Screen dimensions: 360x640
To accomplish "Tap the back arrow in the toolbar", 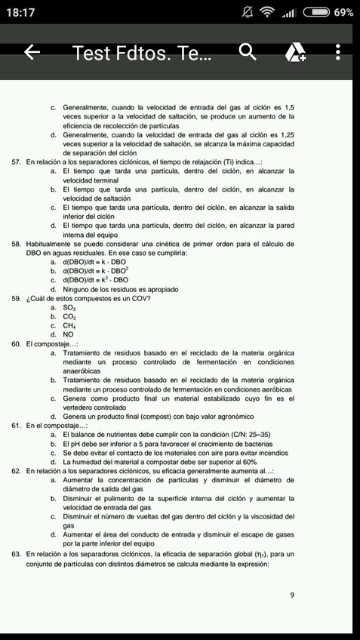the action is tap(32, 53).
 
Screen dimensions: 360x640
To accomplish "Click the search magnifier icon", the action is tap(247, 53).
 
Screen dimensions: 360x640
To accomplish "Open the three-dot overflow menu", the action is tap(337, 53).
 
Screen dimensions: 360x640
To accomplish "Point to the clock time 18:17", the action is tap(23, 13).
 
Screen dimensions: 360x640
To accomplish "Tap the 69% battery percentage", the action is tap(344, 13).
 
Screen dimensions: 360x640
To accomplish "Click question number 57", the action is tap(16, 162).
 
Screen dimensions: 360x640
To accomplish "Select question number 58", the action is tap(16, 245).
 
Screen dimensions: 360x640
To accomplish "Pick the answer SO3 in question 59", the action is tap(69, 309).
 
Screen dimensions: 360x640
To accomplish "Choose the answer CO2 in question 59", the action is tap(69, 318).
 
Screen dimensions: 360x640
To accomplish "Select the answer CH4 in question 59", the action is tap(69, 326).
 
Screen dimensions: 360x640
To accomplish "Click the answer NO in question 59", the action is tap(68, 334).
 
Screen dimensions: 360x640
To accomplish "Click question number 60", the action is tap(16, 344).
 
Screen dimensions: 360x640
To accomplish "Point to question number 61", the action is tap(16, 426).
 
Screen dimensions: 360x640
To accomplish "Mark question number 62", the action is tap(16, 471).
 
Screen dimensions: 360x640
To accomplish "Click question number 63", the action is tap(16, 553).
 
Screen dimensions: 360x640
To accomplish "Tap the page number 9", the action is tap(292, 595).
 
